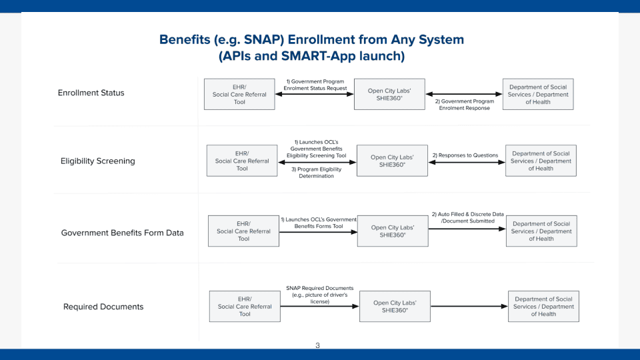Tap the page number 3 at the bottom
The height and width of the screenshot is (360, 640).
317,345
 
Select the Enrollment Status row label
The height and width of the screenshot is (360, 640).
91,93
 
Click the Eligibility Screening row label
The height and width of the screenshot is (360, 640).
97,161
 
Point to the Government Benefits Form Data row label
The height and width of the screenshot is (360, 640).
122,233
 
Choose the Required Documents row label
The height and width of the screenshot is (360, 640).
103,307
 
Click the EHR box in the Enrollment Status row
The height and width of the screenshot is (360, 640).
239,94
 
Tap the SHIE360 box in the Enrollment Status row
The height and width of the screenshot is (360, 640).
389,94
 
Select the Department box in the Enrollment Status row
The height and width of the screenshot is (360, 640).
538,94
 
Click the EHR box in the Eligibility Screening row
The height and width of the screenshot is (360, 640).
242,161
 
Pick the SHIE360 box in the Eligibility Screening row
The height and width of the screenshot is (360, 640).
392,161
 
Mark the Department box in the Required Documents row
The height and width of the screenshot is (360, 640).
543,307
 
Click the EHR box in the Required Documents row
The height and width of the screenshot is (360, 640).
245,307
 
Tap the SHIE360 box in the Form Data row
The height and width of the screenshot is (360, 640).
393,231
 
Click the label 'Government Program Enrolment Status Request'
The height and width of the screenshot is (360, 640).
315,85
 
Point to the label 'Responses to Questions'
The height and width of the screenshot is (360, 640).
465,155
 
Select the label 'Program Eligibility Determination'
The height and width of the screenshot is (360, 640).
317,172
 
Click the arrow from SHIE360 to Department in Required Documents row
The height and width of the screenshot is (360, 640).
469,307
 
